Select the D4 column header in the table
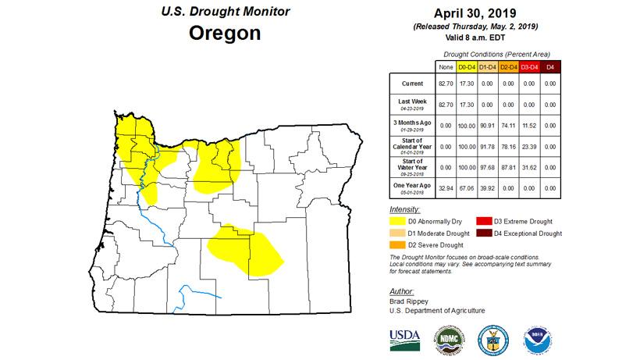click(549, 68)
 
